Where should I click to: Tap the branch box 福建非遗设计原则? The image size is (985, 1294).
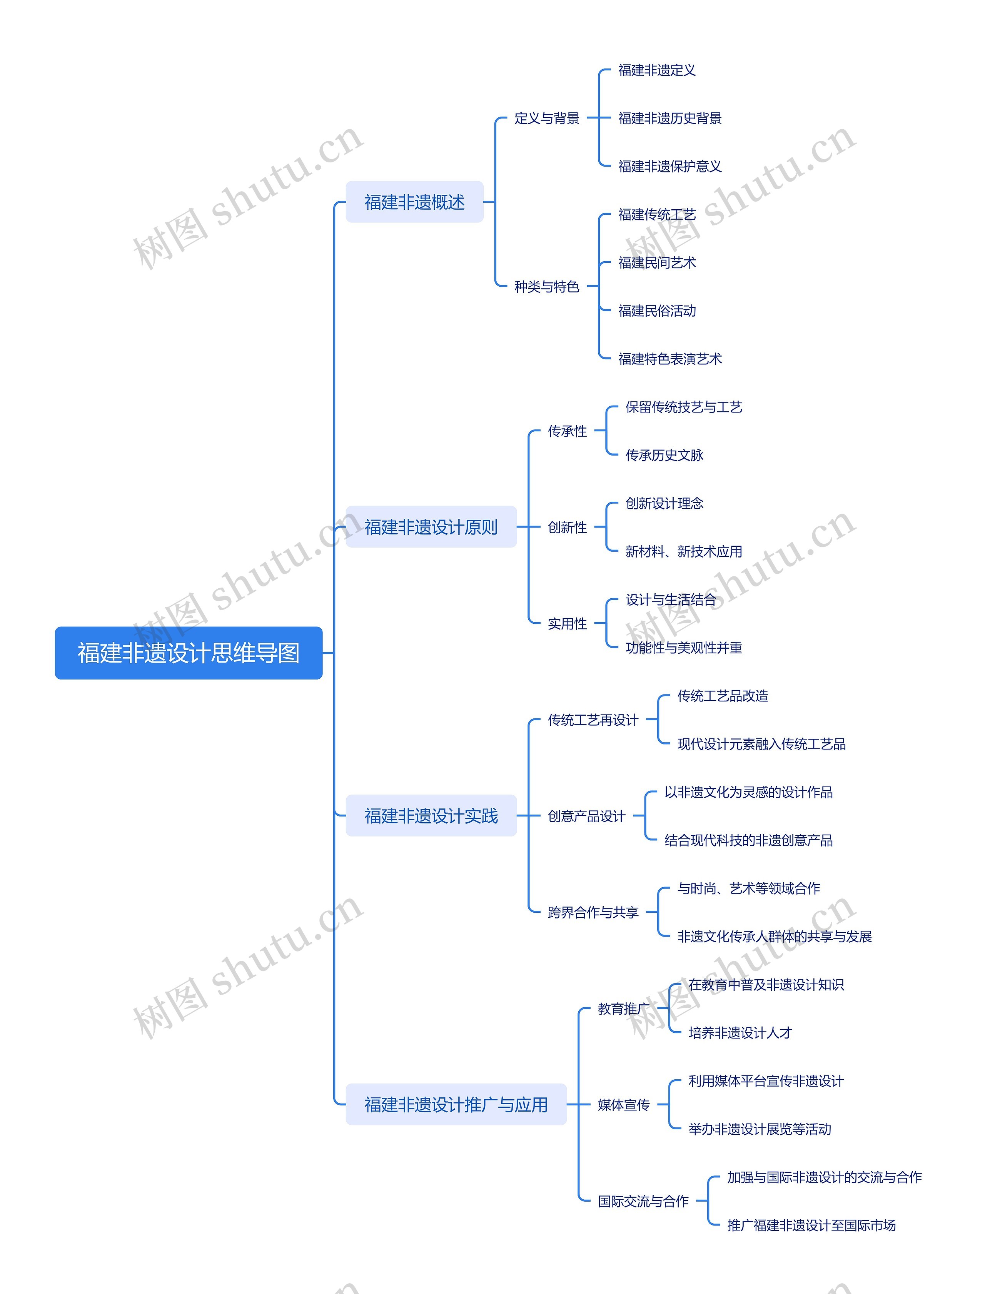tap(431, 526)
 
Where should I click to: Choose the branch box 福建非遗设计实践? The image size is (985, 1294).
tap(431, 816)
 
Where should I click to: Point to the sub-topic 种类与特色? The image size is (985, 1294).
tap(546, 287)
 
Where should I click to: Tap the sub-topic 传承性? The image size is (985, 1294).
tap(567, 431)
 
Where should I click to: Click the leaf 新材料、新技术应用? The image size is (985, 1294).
tap(684, 551)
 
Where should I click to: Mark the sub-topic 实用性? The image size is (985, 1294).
tap(567, 623)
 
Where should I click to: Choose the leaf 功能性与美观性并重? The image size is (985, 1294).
tap(684, 647)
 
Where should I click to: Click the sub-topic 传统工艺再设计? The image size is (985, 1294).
tap(593, 720)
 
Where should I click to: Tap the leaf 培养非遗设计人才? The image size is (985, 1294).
tap(740, 1032)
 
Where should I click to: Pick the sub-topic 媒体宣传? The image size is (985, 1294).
tap(623, 1105)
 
